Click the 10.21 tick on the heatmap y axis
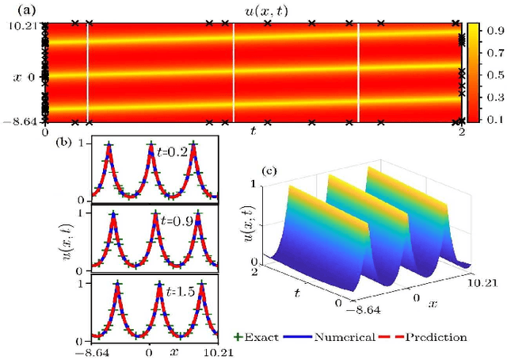pos(19,26)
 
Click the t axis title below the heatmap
pos(253,131)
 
